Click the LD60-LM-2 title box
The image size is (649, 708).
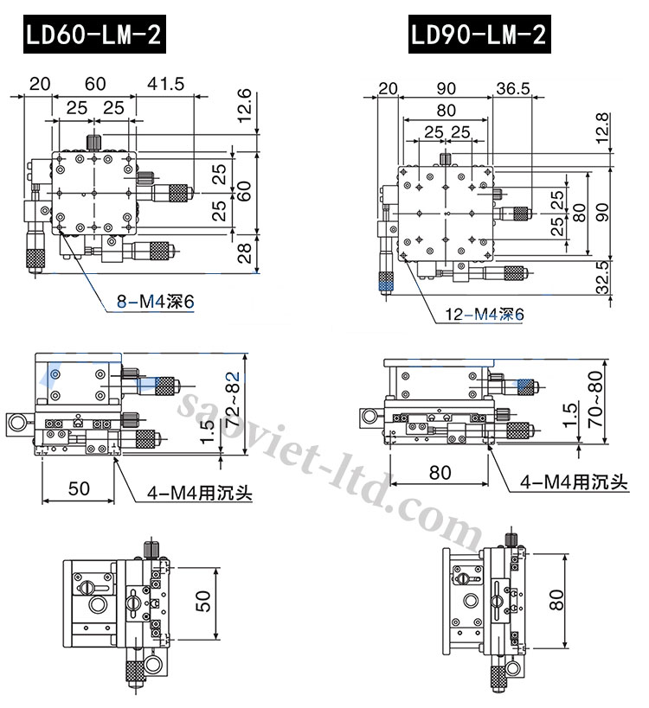pyautogui.click(x=93, y=35)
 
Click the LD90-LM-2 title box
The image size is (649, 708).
pyautogui.click(x=478, y=35)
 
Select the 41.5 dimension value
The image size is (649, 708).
pyautogui.click(x=165, y=83)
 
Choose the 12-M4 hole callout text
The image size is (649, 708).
pyautogui.click(x=484, y=316)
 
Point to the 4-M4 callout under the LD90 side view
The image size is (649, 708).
pyautogui.click(x=573, y=482)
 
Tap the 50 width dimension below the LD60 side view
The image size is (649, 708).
pyautogui.click(x=79, y=488)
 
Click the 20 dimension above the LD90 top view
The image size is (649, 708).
pyautogui.click(x=388, y=87)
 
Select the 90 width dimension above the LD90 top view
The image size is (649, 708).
pyautogui.click(x=446, y=87)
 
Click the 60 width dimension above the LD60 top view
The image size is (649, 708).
pyautogui.click(x=94, y=83)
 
